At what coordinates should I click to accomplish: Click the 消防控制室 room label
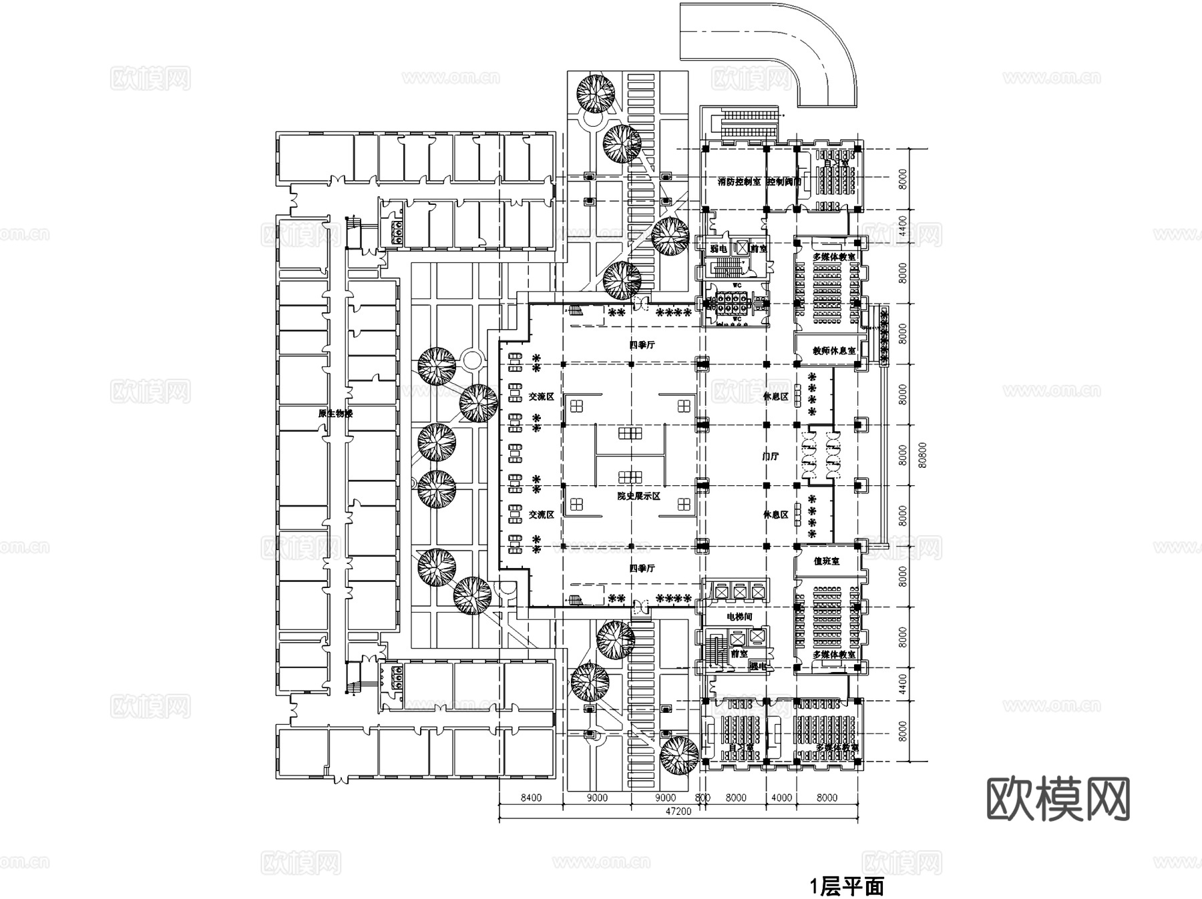pos(739,182)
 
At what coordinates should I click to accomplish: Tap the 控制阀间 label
pos(783,182)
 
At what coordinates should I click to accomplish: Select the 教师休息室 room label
pos(834,350)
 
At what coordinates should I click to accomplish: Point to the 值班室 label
pos(826,562)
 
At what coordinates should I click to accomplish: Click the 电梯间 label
pos(739,617)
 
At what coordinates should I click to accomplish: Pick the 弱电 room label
pos(719,248)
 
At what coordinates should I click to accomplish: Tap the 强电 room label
pos(757,665)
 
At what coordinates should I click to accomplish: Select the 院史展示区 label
pos(638,497)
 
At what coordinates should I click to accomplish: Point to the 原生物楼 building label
pos(335,414)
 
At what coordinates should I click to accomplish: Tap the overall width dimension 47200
pos(678,812)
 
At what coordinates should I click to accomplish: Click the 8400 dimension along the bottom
pos(531,798)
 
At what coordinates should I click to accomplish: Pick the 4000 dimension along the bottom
pos(781,798)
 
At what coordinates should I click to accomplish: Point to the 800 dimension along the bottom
pos(703,798)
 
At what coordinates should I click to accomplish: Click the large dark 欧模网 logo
pos(1058,798)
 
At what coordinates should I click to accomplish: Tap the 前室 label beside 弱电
pos(759,248)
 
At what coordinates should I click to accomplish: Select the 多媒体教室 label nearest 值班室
pos(834,655)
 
